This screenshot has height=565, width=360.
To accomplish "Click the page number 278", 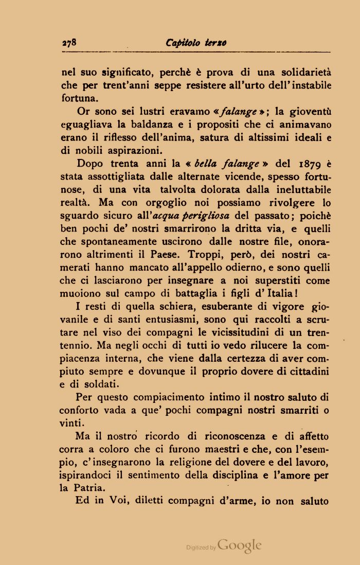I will [69, 43].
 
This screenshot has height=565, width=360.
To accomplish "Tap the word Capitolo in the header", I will [183, 43].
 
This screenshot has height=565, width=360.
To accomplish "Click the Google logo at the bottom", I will [240, 546].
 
